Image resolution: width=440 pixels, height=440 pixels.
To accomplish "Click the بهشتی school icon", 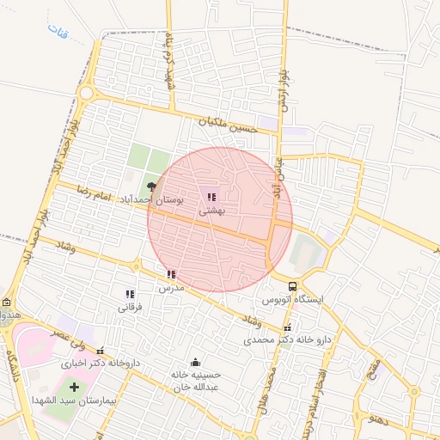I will (x=211, y=197).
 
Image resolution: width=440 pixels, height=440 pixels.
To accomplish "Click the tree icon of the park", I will (x=152, y=185).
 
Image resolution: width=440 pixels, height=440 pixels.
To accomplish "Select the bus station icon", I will (x=293, y=287).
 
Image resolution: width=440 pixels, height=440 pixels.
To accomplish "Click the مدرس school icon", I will (x=171, y=275).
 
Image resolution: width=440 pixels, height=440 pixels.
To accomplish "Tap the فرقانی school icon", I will (x=130, y=294).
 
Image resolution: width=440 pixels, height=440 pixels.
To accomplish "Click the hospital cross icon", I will (x=72, y=386).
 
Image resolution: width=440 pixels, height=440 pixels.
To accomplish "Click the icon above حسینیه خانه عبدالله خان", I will (x=195, y=362).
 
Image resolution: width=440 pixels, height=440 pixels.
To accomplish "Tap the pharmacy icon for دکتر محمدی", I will (x=287, y=327).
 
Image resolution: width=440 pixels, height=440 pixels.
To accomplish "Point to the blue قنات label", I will (x=59, y=34).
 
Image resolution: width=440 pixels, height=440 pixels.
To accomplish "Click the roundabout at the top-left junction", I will (x=85, y=92).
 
